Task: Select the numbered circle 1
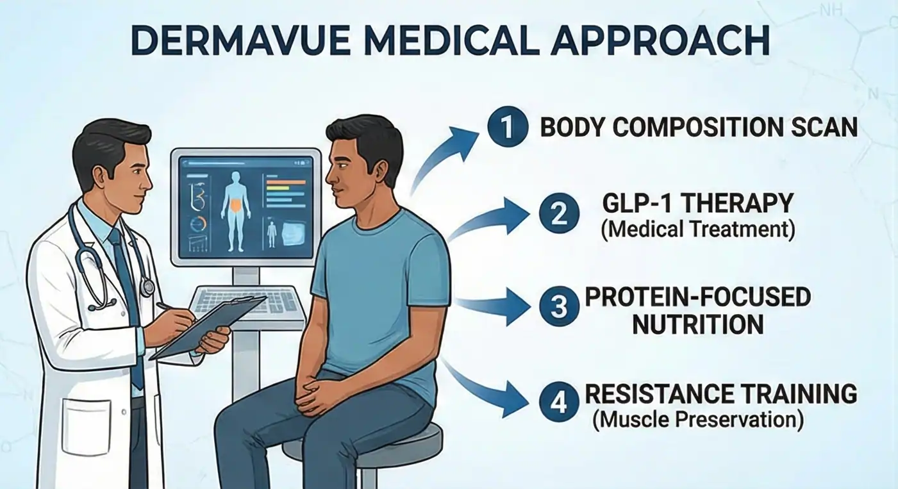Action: coord(507,128)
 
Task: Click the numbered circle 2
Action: coord(559,213)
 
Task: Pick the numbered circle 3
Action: coord(559,308)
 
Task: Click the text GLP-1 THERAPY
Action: coord(698,203)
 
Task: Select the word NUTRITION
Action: coord(698,324)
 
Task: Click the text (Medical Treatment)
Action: coord(698,229)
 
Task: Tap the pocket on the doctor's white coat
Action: coord(86,426)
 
